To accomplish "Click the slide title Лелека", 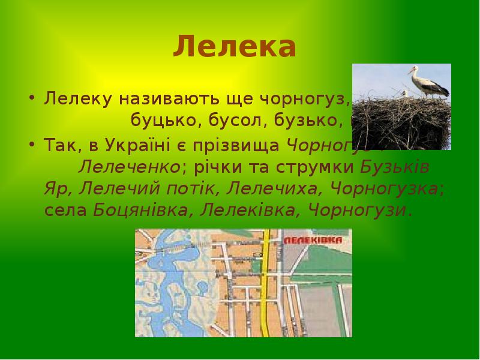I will [x=235, y=47].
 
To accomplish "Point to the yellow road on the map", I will [x=265, y=288].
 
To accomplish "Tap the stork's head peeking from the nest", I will [x=404, y=93].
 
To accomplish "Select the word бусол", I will [x=233, y=121].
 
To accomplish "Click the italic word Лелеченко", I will [x=129, y=167].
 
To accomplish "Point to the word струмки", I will [x=326, y=167].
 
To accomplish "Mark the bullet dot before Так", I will [x=31, y=145].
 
